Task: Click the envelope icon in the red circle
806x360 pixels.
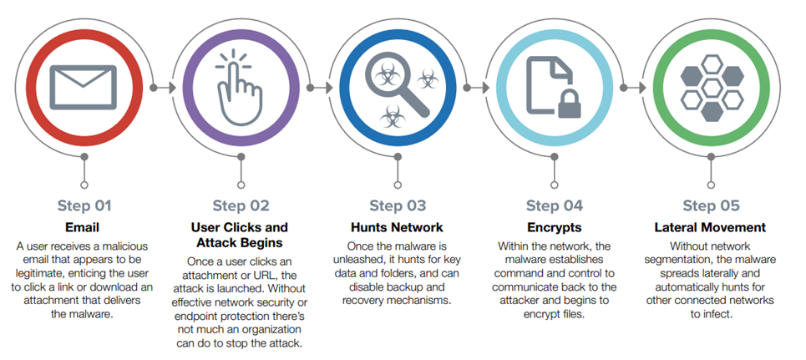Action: tap(84, 86)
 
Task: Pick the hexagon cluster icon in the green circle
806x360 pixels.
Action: tap(712, 86)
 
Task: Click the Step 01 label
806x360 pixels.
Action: tap(84, 205)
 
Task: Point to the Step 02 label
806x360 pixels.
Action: tap(241, 205)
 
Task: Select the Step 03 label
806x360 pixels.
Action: tap(398, 205)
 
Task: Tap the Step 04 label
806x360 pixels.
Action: tap(555, 205)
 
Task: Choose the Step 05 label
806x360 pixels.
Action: tap(712, 205)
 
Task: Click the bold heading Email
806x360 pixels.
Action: tap(84, 227)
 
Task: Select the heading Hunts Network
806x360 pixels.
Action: tap(398, 227)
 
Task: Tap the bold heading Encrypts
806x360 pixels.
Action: tap(555, 227)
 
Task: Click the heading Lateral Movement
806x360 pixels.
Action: tap(712, 227)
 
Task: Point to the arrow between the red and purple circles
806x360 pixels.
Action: tap(155, 86)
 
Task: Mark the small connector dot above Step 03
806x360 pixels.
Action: tap(398, 184)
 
